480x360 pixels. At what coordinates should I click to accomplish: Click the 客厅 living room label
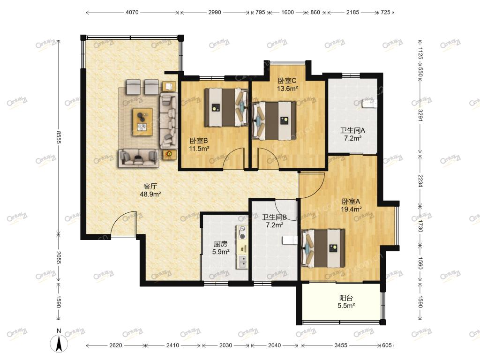(150, 186)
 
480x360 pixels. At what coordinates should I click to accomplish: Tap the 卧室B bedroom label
(199, 141)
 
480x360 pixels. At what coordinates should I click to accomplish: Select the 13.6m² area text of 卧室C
(287, 89)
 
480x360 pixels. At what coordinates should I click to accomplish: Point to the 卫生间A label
(352, 130)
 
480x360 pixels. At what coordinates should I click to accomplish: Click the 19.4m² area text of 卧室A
(351, 210)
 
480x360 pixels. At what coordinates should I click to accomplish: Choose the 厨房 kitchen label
(220, 244)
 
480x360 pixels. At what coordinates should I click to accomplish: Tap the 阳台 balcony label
(346, 298)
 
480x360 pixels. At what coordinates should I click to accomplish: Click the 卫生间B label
(274, 217)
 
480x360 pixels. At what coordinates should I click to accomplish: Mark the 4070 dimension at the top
(132, 13)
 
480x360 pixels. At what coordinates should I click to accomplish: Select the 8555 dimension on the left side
(59, 137)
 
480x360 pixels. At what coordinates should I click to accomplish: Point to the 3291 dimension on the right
(420, 115)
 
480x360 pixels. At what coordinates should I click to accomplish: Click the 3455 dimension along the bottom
(341, 345)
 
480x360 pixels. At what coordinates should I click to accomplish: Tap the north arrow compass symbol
(59, 341)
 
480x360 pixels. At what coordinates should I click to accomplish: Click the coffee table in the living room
(142, 121)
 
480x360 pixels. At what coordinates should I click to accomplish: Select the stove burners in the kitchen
(242, 232)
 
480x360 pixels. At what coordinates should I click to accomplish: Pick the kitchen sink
(242, 261)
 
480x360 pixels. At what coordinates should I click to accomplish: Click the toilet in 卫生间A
(369, 103)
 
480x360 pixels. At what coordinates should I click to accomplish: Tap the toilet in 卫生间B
(289, 240)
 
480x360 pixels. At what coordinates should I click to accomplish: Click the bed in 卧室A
(323, 248)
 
